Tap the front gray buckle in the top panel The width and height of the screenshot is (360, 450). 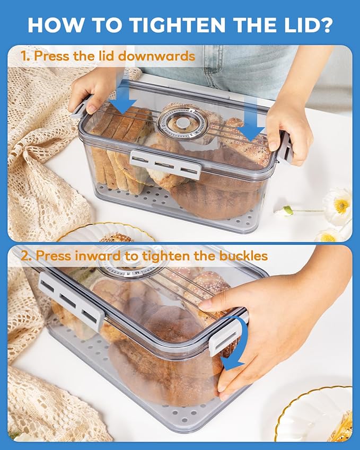(x=165, y=163)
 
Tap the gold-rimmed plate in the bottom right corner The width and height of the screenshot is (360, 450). (x=315, y=416)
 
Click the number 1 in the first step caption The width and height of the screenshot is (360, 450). (x=24, y=56)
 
